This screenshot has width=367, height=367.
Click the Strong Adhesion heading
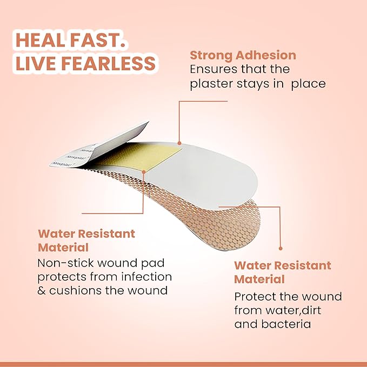click(x=243, y=55)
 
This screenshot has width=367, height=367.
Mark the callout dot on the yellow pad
click(x=144, y=171)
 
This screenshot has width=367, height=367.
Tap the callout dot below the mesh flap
click(x=280, y=248)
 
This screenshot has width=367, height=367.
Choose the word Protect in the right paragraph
click(x=255, y=297)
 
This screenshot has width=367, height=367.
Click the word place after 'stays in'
click(x=307, y=84)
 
